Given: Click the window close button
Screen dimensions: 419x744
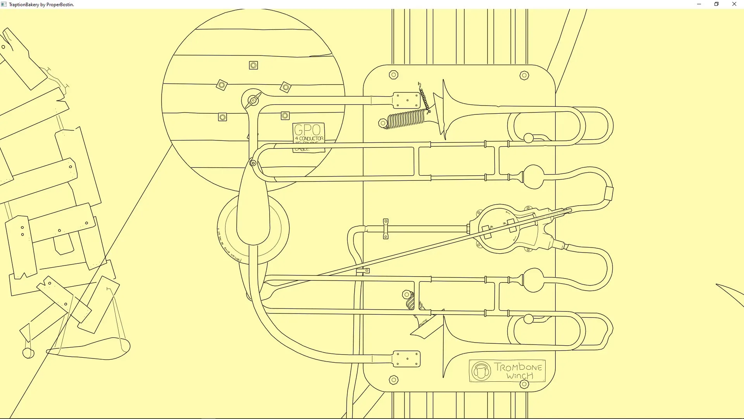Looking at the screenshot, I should click(x=734, y=4).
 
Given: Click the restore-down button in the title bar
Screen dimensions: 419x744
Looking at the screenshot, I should click(x=716, y=4).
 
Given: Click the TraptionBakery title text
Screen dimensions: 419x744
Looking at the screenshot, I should click(x=41, y=5).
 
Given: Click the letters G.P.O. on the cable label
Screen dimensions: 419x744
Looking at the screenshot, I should click(x=308, y=130).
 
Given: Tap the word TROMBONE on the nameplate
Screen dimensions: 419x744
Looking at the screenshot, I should click(x=518, y=367).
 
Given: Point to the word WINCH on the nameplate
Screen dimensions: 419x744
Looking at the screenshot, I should click(x=520, y=376).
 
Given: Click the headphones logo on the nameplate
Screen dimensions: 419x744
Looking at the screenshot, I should click(x=481, y=371).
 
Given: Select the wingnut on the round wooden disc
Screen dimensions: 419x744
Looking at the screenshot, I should click(x=253, y=100).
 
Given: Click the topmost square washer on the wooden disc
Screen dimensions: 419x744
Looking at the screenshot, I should click(x=253, y=66).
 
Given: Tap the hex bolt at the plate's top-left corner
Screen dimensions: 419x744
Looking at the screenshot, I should click(x=393, y=75).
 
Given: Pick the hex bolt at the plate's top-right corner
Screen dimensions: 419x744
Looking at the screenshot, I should click(x=524, y=76).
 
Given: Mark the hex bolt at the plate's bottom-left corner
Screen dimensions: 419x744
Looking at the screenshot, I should click(x=393, y=380).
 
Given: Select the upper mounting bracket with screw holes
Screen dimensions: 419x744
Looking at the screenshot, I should click(x=406, y=100).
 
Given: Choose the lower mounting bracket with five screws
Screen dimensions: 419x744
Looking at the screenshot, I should click(x=406, y=359).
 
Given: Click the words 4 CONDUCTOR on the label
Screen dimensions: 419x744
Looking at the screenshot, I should click(x=309, y=139).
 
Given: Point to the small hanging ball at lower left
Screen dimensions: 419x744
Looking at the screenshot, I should click(x=28, y=353).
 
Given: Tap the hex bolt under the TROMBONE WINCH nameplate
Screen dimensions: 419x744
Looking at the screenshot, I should click(x=524, y=384).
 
